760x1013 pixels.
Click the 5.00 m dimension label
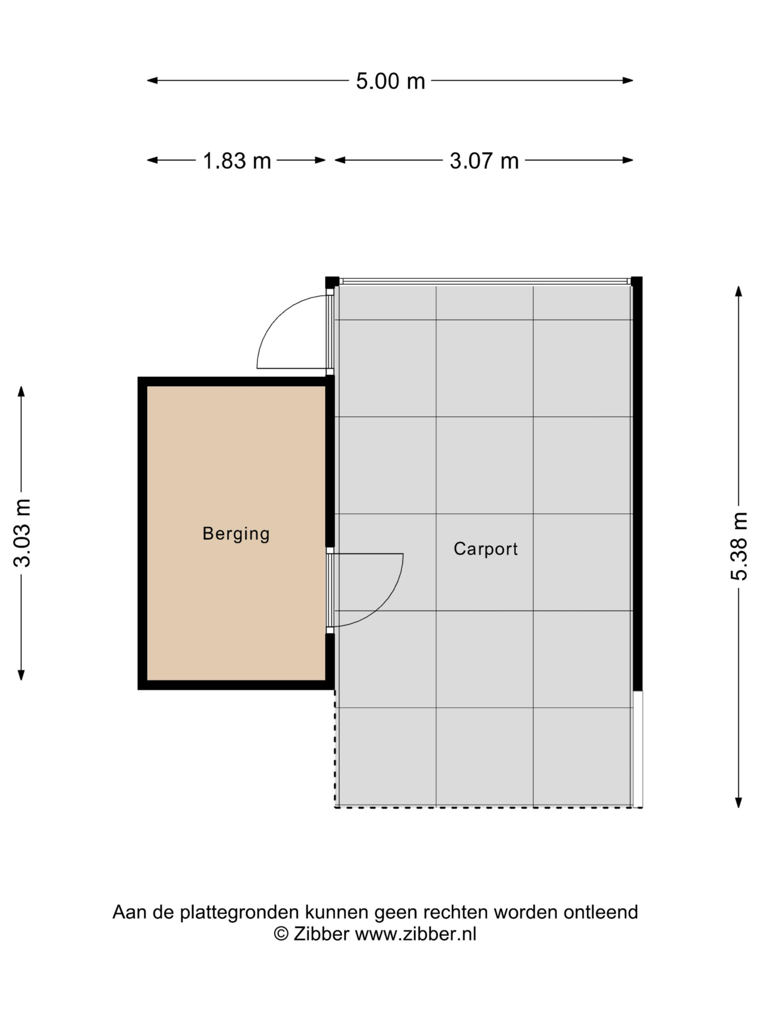(390, 81)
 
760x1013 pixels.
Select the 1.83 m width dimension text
(237, 161)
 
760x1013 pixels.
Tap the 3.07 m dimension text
(484, 161)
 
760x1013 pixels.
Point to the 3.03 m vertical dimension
(21, 533)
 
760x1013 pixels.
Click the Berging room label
(236, 533)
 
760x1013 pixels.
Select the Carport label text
(486, 548)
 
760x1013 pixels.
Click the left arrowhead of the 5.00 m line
(152, 81)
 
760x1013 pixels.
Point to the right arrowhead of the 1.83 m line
(320, 160)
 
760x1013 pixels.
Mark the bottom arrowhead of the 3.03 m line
(21, 675)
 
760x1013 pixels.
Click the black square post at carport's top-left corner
(332, 282)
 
